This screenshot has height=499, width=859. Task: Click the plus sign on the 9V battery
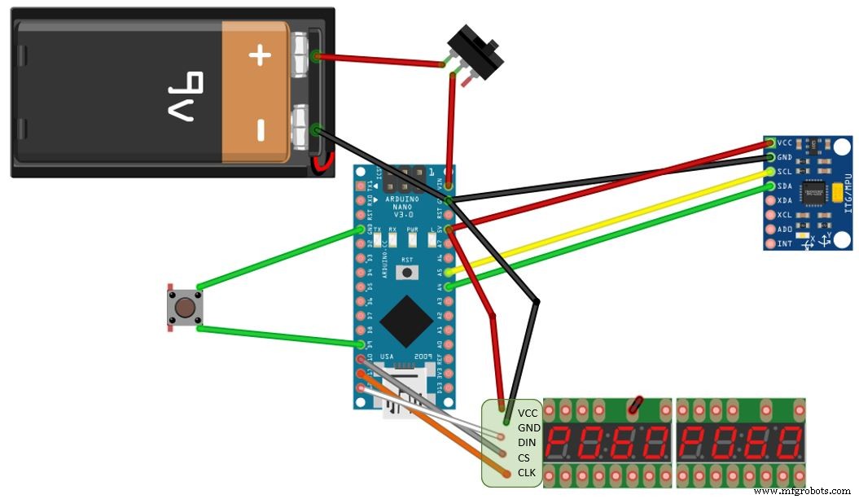(259, 55)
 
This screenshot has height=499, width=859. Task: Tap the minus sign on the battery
(259, 129)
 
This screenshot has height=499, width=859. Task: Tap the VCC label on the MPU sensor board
(785, 143)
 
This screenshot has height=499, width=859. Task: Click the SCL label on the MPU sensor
(785, 172)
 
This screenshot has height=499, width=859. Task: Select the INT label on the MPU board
(785, 243)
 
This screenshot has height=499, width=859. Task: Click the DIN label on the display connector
(527, 442)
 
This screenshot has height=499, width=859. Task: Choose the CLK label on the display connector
(527, 472)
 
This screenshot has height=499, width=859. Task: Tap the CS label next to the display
(524, 457)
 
